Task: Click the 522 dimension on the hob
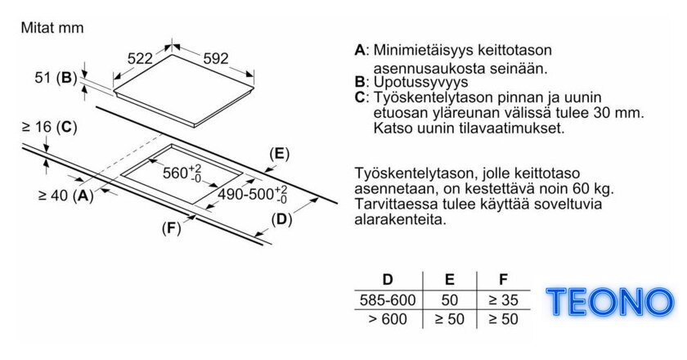140,58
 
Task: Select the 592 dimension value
216,58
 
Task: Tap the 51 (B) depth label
56,78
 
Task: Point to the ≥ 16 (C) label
50,127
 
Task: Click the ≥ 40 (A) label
66,196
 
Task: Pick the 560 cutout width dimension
182,173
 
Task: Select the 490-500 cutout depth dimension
253,194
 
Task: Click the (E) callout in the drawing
280,154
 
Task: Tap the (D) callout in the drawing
281,219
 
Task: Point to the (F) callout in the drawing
171,228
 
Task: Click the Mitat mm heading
52,28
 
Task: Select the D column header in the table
388,279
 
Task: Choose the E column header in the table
450,279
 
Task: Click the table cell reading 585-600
388,300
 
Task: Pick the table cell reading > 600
388,319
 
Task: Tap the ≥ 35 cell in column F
504,300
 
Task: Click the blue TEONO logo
610,302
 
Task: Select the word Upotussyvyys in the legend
420,82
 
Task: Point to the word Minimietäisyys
422,50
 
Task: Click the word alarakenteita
400,219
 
